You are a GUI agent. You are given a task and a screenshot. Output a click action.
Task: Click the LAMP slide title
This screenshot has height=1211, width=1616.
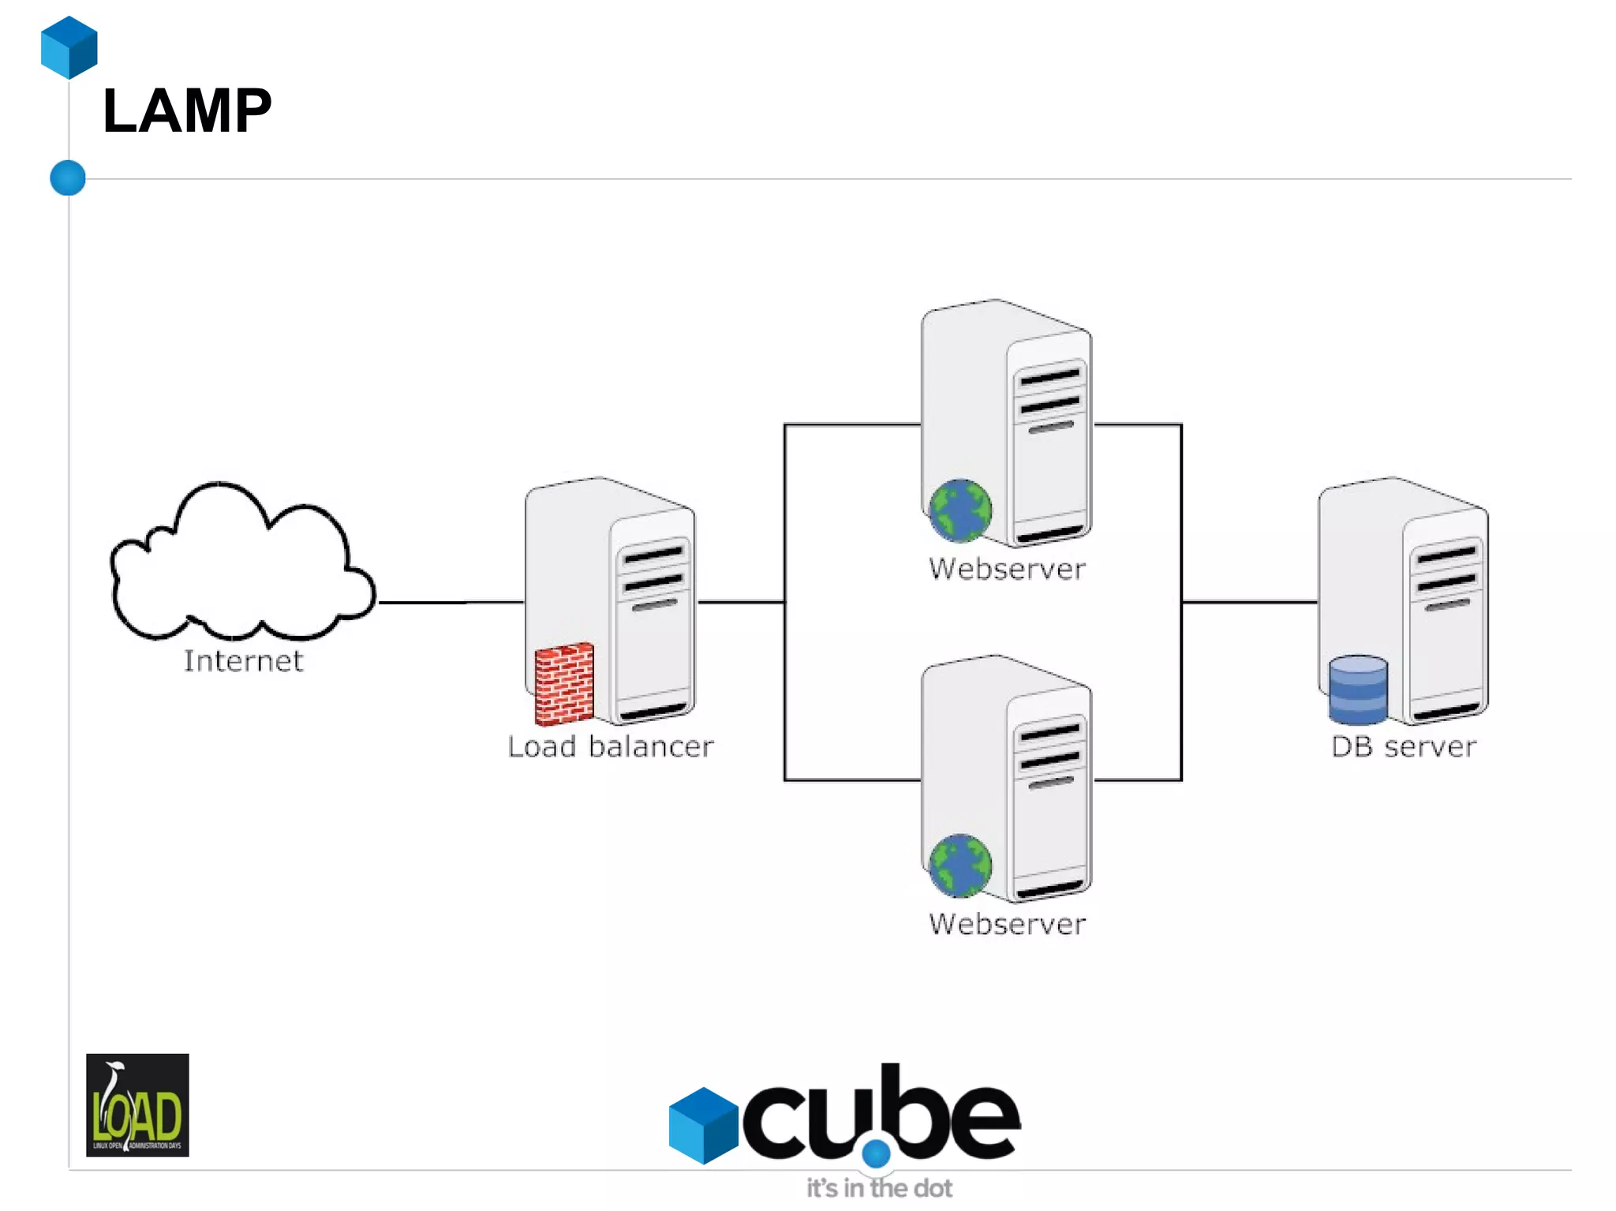(187, 111)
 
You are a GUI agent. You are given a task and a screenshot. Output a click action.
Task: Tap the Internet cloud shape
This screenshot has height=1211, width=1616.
(237, 568)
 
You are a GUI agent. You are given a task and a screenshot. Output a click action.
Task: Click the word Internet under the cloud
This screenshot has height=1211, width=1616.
(243, 661)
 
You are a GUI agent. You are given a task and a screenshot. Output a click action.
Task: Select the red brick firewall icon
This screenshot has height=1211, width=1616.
(563, 684)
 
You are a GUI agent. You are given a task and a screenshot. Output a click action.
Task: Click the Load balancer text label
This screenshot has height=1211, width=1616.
(610, 746)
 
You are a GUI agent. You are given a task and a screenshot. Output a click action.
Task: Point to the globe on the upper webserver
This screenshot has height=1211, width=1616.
(959, 511)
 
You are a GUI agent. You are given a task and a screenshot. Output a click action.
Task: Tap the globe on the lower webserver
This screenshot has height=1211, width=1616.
(959, 866)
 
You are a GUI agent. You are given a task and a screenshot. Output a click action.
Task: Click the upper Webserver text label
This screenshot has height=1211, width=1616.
(1007, 569)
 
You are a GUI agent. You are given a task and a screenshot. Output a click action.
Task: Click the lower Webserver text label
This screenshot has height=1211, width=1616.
(1007, 924)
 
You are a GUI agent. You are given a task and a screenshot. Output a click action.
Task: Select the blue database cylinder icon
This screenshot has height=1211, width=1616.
(1357, 690)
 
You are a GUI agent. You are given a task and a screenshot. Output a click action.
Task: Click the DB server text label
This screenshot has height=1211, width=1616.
(1403, 746)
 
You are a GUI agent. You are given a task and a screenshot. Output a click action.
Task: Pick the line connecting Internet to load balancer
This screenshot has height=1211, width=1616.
(451, 603)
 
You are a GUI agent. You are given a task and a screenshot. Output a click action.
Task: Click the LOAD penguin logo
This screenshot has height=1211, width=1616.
(137, 1104)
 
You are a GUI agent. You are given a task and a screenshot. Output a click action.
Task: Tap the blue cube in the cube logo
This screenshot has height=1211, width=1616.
(702, 1125)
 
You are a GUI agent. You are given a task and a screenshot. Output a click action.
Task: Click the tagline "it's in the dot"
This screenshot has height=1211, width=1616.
(879, 1188)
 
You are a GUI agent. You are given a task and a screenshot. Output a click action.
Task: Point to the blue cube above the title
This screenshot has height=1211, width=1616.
(69, 47)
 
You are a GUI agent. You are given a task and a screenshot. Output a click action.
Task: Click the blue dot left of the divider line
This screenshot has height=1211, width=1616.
(68, 178)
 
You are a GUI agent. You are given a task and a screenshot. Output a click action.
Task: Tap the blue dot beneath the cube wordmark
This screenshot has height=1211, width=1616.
(876, 1153)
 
